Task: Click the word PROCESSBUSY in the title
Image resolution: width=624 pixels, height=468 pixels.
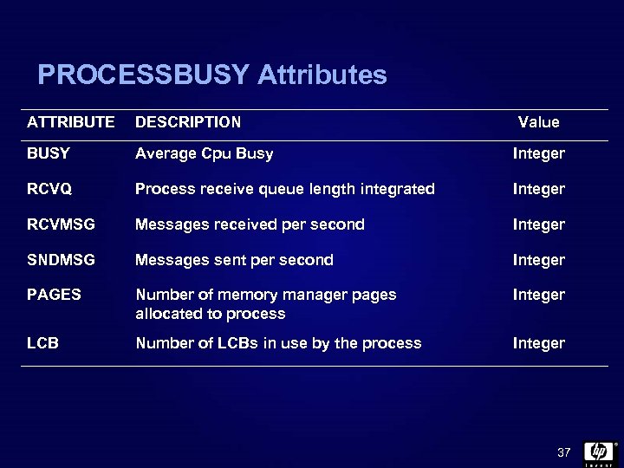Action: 143,75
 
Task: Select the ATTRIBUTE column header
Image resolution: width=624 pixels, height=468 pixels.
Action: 70,122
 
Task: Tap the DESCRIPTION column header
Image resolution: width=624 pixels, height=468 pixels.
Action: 188,122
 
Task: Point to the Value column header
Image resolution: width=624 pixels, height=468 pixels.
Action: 538,122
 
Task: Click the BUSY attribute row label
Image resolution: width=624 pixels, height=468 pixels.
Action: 49,153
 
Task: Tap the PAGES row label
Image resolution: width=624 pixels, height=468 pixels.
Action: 54,295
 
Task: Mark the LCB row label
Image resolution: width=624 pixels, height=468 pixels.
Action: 42,343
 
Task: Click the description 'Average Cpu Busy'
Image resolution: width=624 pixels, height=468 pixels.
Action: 204,153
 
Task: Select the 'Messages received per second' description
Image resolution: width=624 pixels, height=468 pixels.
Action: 250,224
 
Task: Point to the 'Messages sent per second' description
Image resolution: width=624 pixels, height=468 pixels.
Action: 234,260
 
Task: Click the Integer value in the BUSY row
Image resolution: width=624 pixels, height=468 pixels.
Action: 538,153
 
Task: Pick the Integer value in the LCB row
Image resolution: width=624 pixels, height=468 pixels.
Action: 538,343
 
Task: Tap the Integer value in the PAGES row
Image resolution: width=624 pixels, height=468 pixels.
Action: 538,295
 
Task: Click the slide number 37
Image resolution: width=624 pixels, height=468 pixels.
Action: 564,453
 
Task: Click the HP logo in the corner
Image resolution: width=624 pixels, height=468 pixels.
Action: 599,452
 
